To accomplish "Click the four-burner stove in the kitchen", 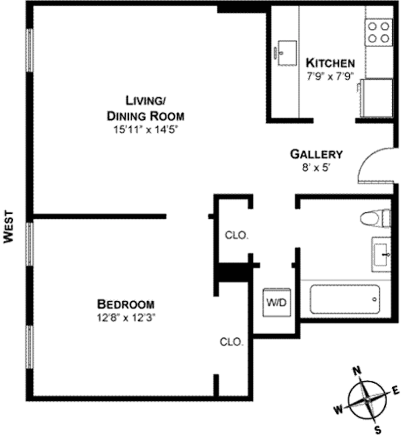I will pos(379,32).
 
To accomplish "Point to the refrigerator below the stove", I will pos(376,98).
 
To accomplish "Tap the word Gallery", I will pos(316,154).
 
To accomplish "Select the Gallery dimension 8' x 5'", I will pos(316,167).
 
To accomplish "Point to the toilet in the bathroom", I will pos(375,218).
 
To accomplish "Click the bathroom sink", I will pos(382,253).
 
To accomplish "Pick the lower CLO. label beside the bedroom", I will pos(231,342).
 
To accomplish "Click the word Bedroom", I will pos(126,304).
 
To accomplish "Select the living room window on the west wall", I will pos(30,50).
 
